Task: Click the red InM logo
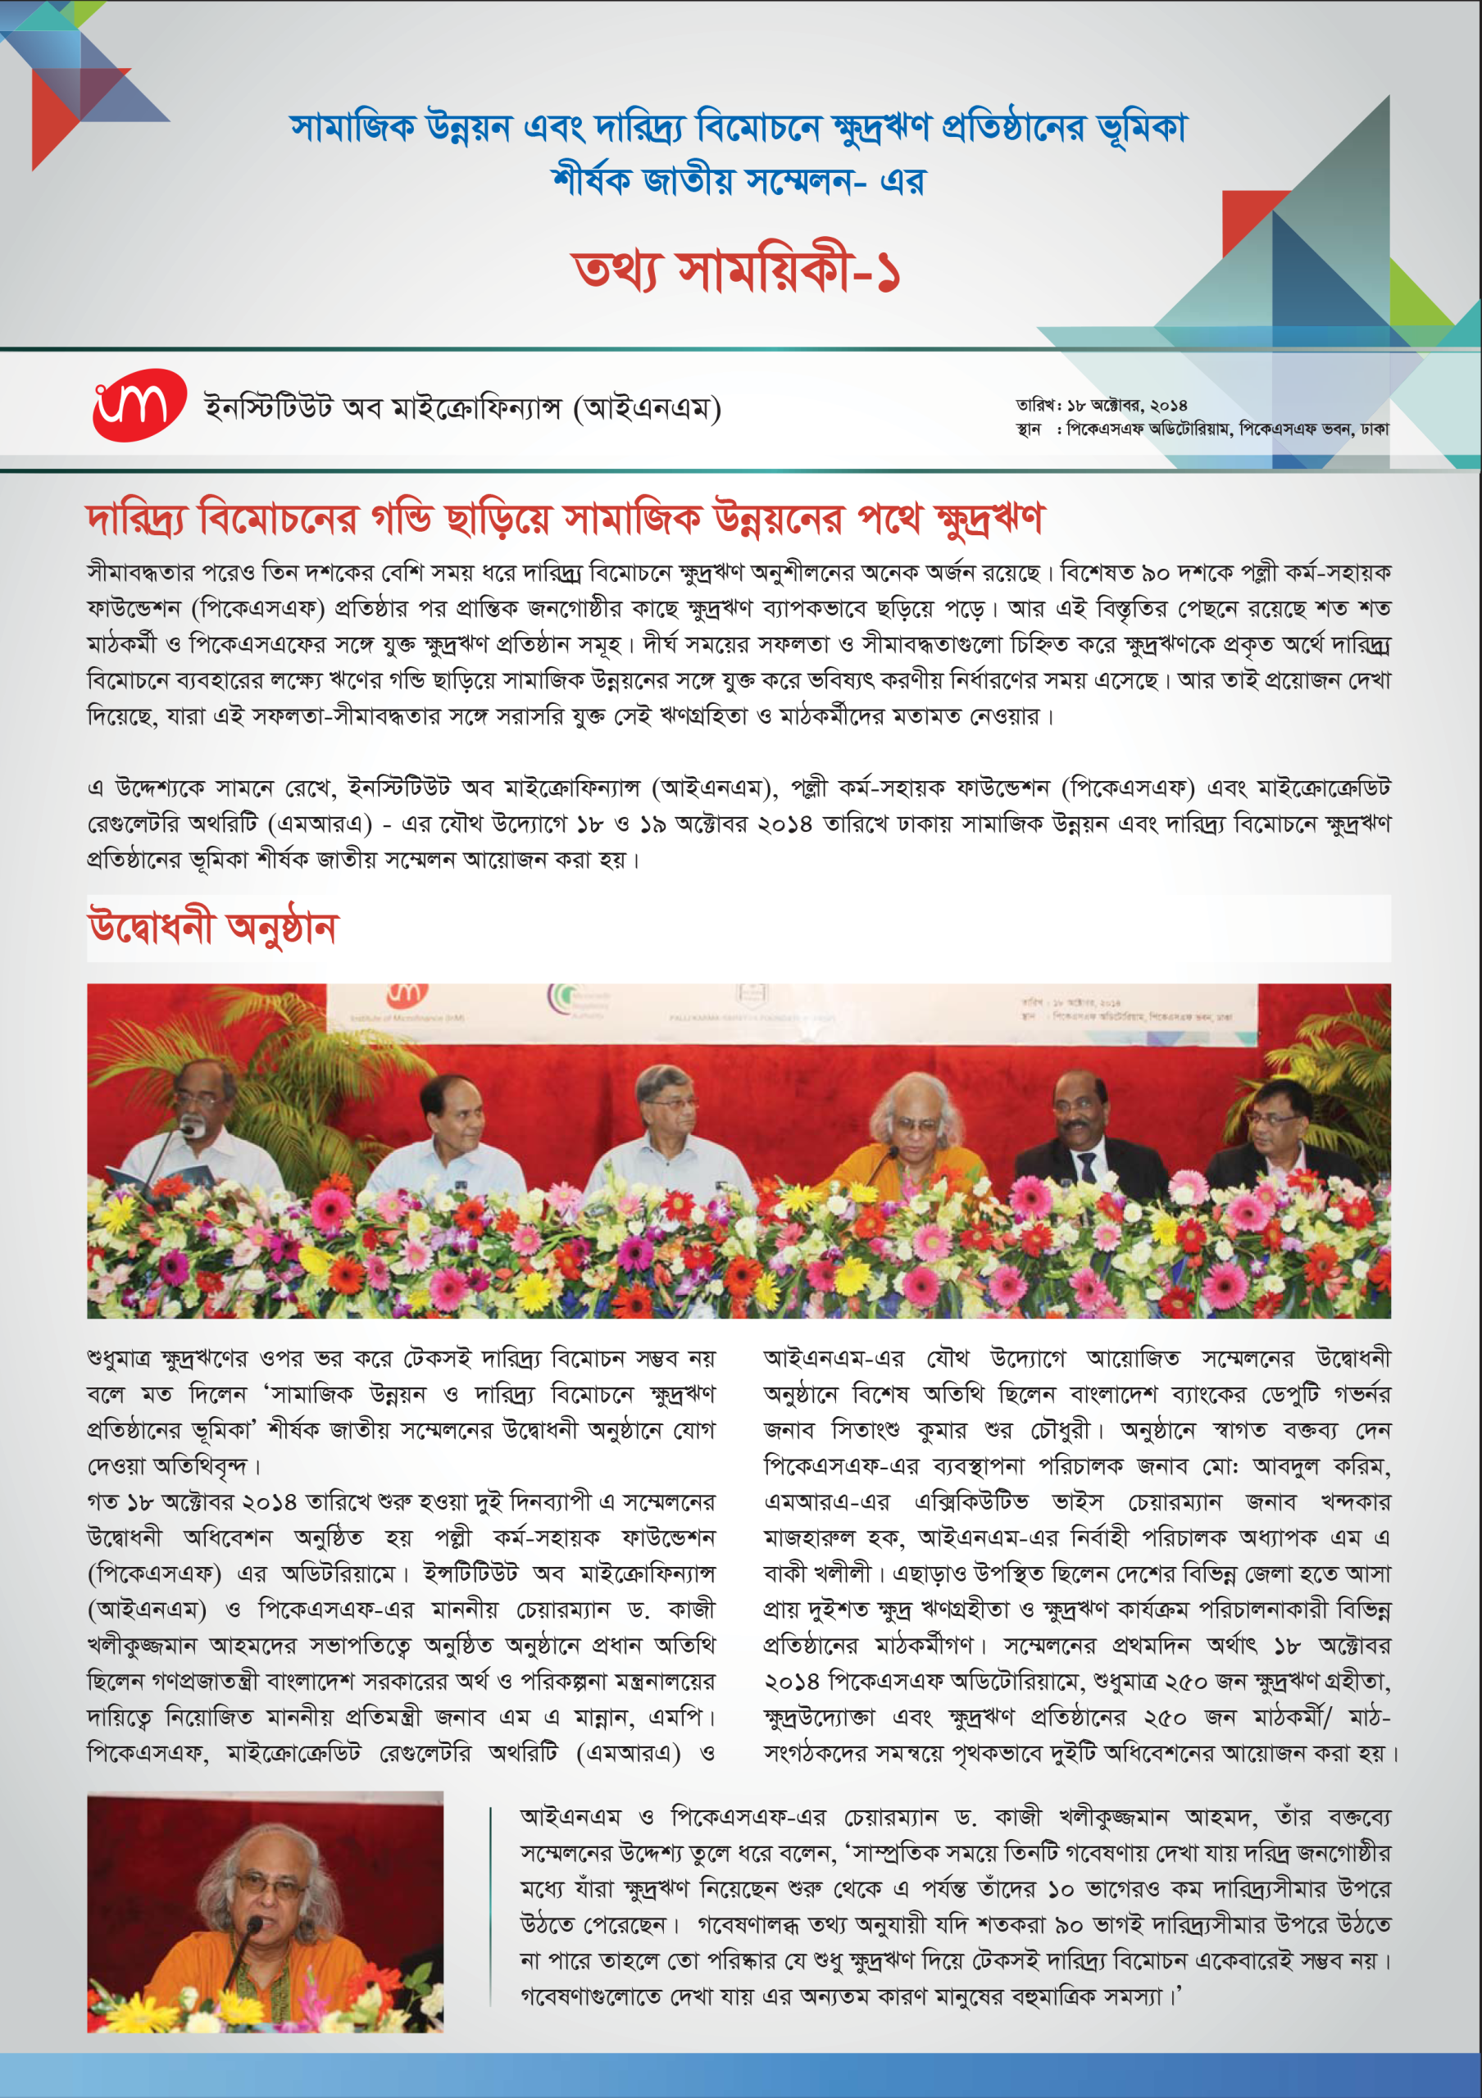[138, 405]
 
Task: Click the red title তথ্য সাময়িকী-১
[736, 271]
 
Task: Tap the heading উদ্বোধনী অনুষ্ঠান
[213, 928]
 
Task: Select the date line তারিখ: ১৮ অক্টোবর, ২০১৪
[1101, 405]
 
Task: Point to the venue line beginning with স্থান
[1202, 429]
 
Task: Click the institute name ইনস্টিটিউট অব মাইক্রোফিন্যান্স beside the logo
[461, 407]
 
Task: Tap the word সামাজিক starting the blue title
[352, 127]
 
